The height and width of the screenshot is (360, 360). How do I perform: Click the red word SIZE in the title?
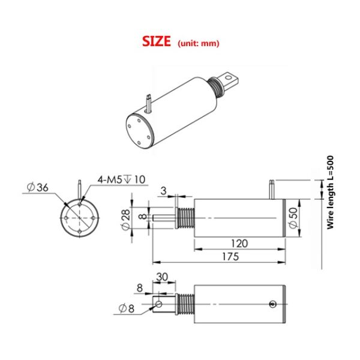pos(157,41)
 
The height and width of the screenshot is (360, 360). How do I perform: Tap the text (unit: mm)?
pos(199,43)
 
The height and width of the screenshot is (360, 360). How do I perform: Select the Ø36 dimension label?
pos(37,187)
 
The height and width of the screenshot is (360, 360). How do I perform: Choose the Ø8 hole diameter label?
pos(127,308)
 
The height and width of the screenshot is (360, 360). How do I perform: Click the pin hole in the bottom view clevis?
pos(159,304)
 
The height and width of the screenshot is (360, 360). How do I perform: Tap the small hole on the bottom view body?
pos(273,305)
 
